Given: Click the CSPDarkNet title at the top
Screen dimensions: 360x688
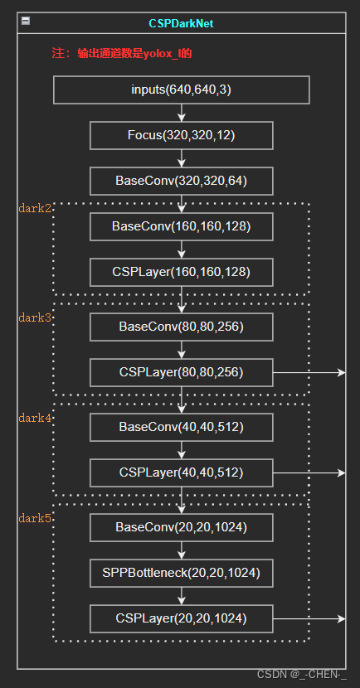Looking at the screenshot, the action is tap(181, 23).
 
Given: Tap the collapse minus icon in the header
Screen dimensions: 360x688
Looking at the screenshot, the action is tap(26, 21).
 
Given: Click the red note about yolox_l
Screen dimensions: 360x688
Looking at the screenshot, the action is tap(122, 54).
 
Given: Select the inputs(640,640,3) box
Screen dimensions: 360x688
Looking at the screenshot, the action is tap(182, 90).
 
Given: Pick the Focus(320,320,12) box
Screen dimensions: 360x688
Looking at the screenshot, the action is tap(182, 136).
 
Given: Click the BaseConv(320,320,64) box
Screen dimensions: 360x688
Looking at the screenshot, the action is tap(182, 182).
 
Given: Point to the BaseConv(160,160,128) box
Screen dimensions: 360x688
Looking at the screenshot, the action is tap(182, 227).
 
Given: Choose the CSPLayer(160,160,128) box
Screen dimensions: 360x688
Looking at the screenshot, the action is tap(182, 273).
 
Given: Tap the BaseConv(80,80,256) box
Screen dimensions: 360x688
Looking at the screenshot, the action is tap(182, 327).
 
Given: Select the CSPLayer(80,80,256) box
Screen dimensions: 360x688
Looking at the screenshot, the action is tap(182, 372).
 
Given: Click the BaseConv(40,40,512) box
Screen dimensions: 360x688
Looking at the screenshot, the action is tap(182, 428).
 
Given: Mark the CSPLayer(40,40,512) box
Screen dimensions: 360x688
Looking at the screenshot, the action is tap(182, 473).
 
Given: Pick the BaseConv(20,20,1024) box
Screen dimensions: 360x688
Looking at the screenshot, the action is tap(182, 527).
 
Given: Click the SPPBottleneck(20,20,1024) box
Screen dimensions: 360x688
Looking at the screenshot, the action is tap(182, 573).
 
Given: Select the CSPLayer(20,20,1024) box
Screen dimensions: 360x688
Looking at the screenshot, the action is tap(182, 618).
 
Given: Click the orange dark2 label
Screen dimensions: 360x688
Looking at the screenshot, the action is tap(35, 208).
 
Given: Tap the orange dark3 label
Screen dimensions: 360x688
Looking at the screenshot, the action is tap(35, 317).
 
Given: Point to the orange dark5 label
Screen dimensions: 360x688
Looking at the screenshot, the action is tap(35, 519).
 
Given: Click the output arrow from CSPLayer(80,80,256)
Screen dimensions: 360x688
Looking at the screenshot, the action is tap(309, 372).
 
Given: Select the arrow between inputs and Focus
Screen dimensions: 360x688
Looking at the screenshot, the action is tap(182, 113).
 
